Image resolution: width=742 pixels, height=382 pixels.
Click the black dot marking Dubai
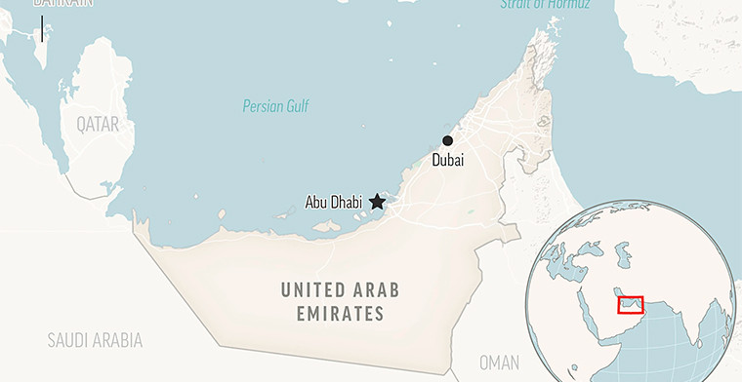[447, 140]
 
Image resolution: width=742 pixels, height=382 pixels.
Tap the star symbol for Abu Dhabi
[377, 202]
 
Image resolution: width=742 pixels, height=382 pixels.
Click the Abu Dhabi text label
[333, 203]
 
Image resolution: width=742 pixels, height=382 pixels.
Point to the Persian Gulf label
[276, 106]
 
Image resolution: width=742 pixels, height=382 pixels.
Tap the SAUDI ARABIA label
[95, 340]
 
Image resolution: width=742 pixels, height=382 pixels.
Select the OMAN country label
[499, 363]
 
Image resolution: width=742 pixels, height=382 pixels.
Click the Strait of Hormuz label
[545, 5]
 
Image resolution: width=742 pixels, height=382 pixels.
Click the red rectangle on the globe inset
[630, 305]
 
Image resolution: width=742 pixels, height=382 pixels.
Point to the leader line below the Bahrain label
[42, 26]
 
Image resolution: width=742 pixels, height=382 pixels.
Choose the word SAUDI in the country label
[68, 340]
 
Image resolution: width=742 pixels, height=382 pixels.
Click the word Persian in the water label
[262, 106]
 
